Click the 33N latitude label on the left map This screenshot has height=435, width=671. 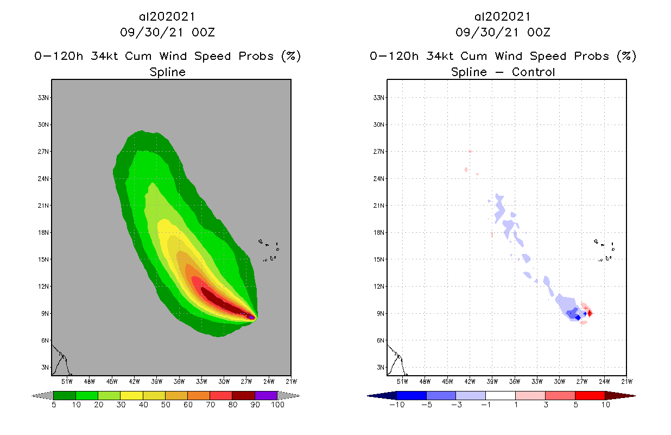pyautogui.click(x=44, y=98)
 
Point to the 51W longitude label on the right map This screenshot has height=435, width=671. pyautogui.click(x=402, y=381)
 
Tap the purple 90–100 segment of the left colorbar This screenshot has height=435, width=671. pyautogui.click(x=266, y=395)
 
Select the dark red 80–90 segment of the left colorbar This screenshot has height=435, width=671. pyautogui.click(x=243, y=395)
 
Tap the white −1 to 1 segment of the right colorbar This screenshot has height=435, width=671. pyautogui.click(x=500, y=395)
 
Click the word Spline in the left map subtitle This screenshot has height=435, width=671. pyautogui.click(x=167, y=72)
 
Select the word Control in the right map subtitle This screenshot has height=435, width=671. pyautogui.click(x=532, y=72)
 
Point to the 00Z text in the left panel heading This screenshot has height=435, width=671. pyautogui.click(x=204, y=33)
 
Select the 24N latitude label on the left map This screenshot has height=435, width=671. pyautogui.click(x=44, y=178)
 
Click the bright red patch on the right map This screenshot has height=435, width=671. pyautogui.click(x=590, y=313)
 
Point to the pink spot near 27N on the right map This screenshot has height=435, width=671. pyautogui.click(x=470, y=151)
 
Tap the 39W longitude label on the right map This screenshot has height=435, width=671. pyautogui.click(x=492, y=381)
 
